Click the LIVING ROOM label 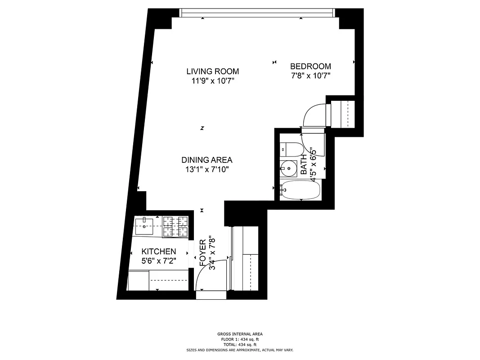point(212,71)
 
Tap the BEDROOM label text point(310,67)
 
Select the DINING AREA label point(206,160)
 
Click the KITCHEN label point(158,252)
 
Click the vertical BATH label point(304,164)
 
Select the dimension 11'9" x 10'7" point(212,81)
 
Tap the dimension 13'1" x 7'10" point(206,170)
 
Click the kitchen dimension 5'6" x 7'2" point(158,261)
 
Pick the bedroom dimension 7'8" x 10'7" point(310,76)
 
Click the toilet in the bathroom point(288,149)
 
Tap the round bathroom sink point(287,169)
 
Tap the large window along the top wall point(257,13)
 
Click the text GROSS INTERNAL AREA point(240,334)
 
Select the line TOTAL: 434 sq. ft point(240,344)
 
